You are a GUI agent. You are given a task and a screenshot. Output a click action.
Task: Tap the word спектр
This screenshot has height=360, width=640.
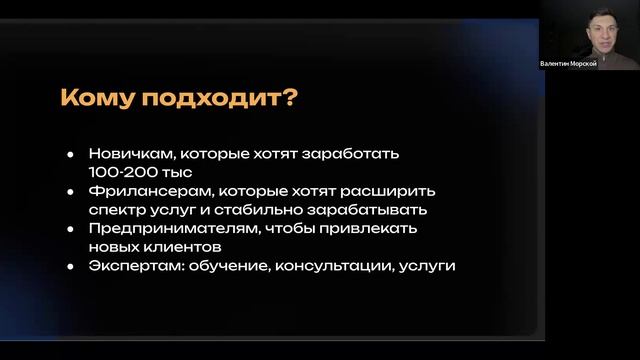coord(118,210)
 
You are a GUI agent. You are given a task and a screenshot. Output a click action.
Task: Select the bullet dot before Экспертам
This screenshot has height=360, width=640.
coord(70,266)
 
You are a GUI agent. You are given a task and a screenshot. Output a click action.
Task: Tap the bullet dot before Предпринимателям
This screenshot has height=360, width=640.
coord(70,229)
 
